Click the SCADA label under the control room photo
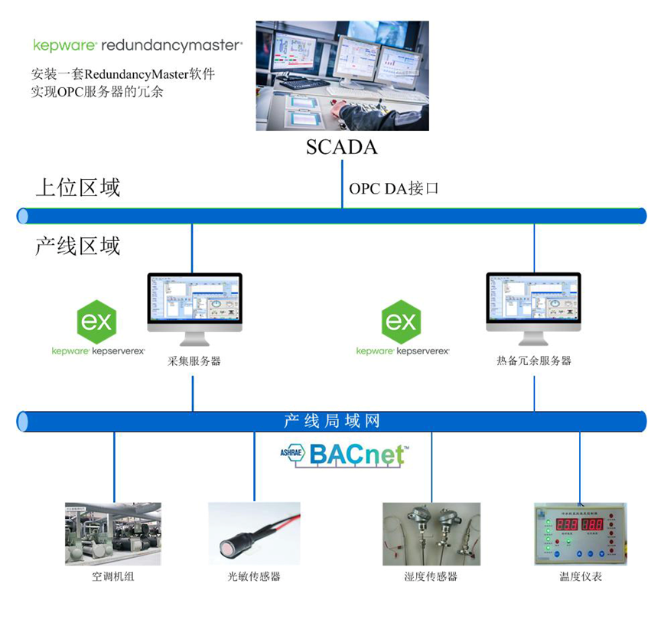[341, 147]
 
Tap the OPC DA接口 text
[394, 188]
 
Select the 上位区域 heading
[77, 187]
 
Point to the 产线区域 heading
[77, 246]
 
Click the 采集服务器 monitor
[194, 305]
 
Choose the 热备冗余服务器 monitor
[533, 305]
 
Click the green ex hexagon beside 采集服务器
[96, 321]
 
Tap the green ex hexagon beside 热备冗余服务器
[402, 321]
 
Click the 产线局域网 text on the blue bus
[331, 421]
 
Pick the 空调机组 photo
[113, 533]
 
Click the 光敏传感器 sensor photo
[254, 533]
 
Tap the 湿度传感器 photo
[431, 533]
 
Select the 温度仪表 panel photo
[579, 533]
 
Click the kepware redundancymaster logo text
[138, 45]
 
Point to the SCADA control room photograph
[342, 75]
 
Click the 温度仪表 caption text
[580, 576]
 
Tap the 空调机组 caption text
[113, 576]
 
